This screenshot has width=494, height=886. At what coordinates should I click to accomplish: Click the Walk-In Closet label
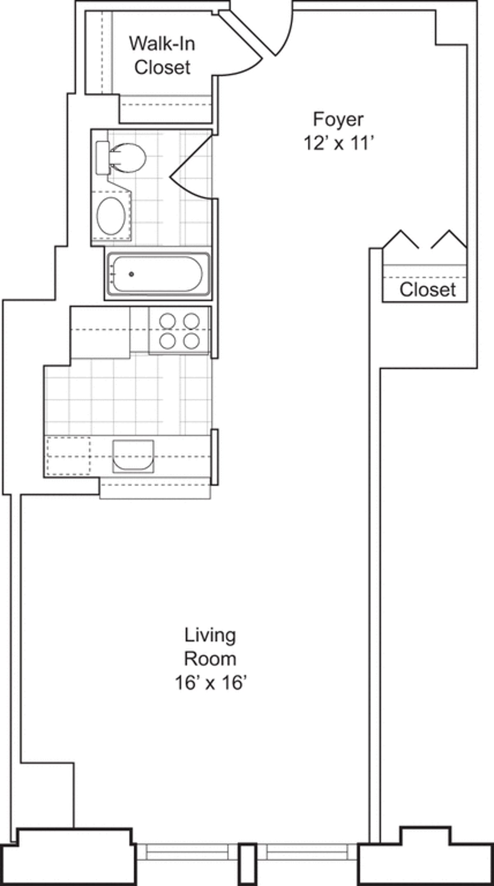tap(162, 56)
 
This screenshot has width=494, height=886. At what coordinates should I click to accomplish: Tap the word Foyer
tap(338, 119)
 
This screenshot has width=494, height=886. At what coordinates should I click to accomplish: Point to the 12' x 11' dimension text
tap(338, 144)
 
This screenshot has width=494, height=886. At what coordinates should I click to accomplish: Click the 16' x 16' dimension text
tap(210, 683)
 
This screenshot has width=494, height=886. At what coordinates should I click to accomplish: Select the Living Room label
tap(210, 647)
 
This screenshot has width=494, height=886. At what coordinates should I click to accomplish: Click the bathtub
tap(158, 274)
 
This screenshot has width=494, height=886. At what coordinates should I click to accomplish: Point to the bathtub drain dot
tap(131, 274)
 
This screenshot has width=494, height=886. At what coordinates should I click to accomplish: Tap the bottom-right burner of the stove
tap(192, 341)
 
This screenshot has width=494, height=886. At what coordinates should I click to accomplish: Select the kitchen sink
tap(133, 456)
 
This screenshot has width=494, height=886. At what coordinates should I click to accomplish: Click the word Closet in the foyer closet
tap(428, 290)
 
